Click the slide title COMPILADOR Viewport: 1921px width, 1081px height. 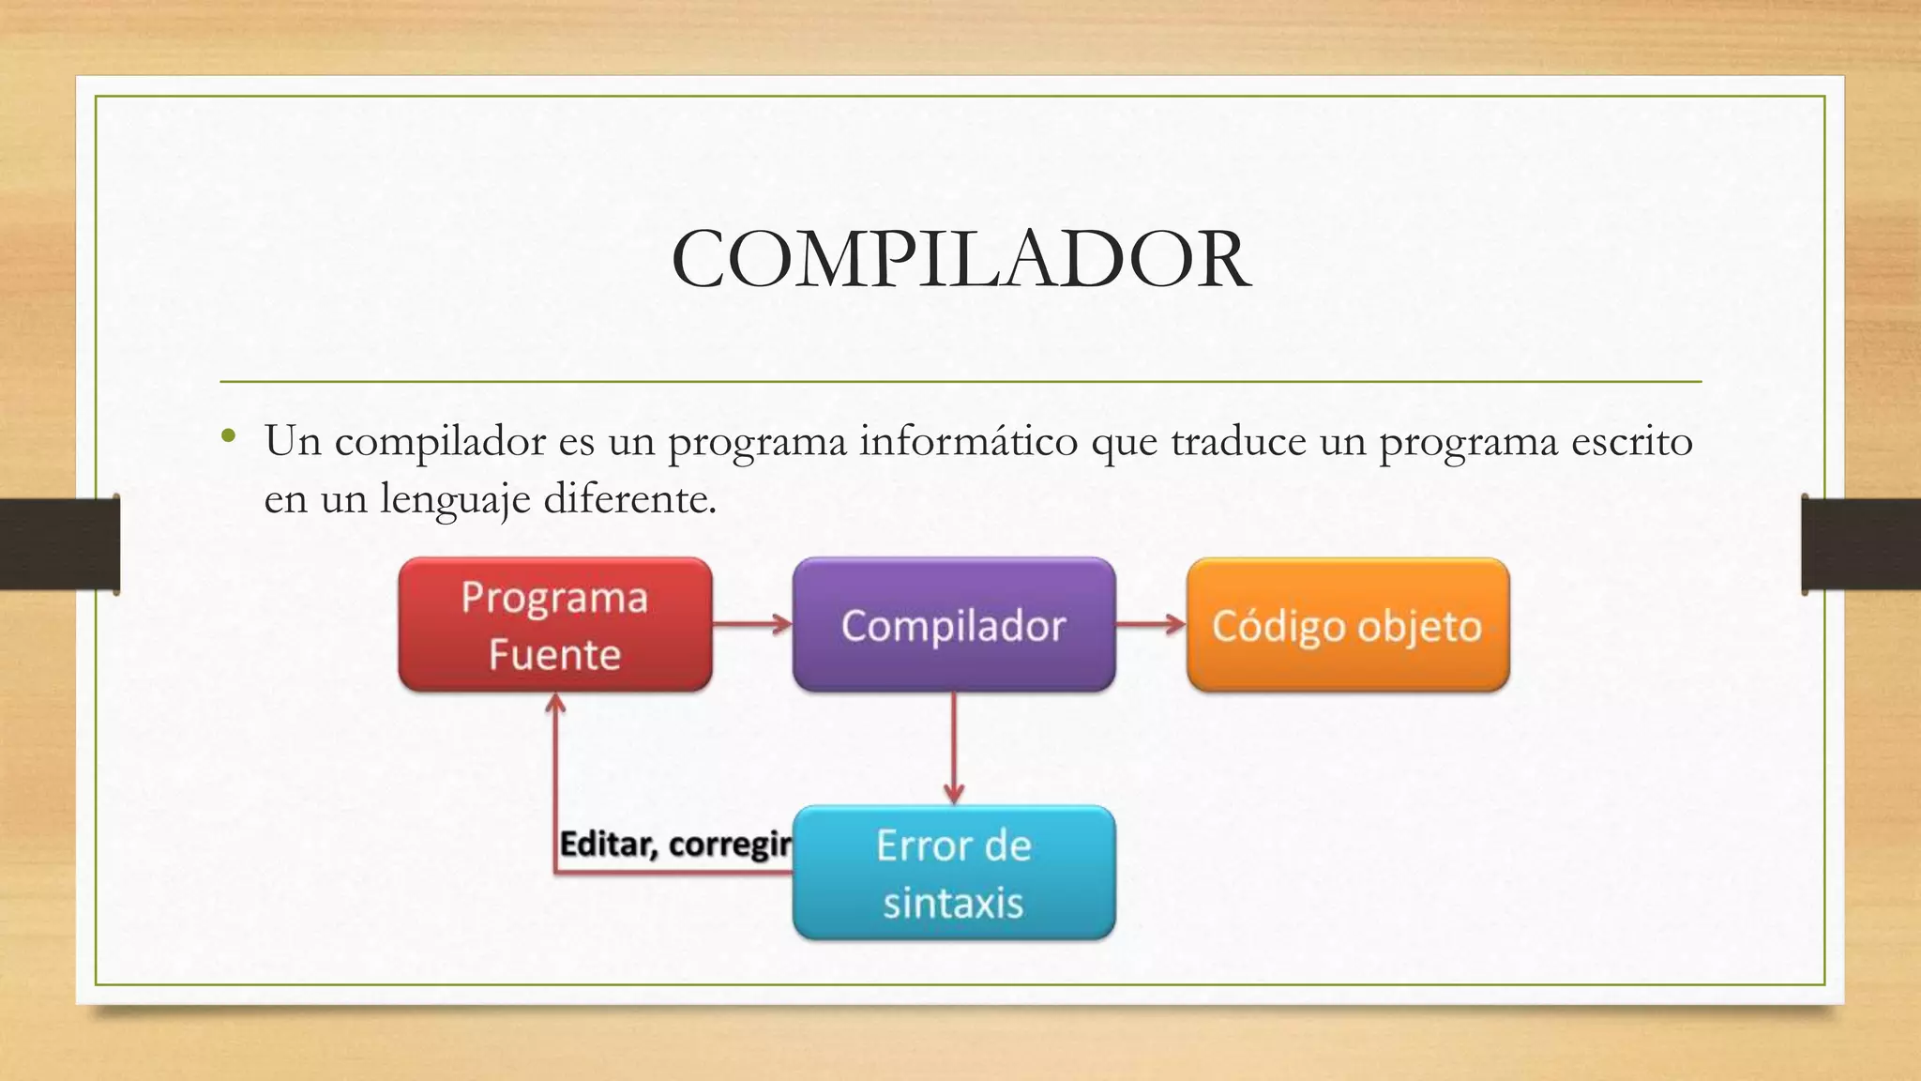click(x=960, y=260)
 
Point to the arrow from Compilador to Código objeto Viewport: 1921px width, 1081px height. click(x=1150, y=624)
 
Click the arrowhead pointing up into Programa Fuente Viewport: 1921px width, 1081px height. click(x=556, y=703)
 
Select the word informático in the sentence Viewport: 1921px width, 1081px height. click(x=968, y=441)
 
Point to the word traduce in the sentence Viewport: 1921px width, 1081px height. click(x=1238, y=441)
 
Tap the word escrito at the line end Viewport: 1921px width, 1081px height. click(x=1631, y=441)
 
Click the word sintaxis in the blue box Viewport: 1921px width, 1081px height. click(x=953, y=903)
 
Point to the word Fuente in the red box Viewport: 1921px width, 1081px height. click(x=554, y=654)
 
